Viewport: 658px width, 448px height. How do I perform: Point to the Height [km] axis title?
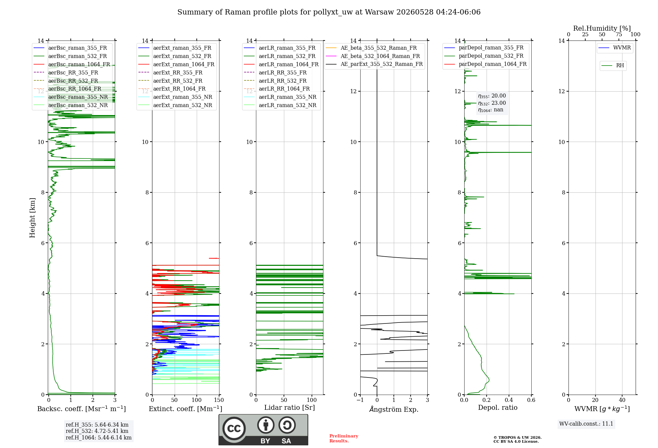point(32,218)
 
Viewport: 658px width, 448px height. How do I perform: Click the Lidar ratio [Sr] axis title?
point(290,407)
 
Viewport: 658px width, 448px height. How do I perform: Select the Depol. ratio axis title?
point(498,407)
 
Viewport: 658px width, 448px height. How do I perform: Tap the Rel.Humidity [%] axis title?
point(602,28)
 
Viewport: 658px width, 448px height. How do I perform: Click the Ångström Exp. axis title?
point(394,409)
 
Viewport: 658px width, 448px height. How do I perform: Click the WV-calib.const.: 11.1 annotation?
point(586,424)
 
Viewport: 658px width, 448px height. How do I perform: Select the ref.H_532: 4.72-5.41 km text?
point(97,431)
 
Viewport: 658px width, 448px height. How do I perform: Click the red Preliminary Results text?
point(344,438)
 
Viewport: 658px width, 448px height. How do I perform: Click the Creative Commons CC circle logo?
point(234,428)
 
